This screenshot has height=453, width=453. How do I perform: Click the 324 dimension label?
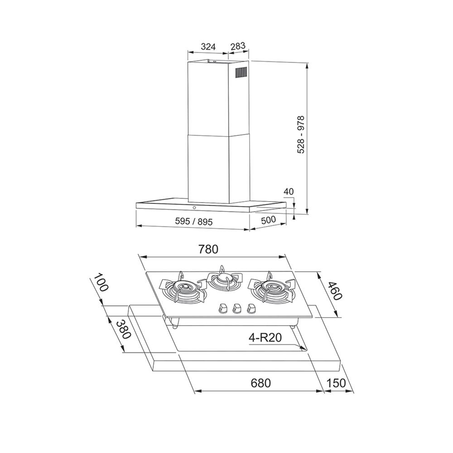click(207, 46)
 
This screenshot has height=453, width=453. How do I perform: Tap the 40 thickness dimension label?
click(289, 192)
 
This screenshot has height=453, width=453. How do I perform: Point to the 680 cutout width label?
click(260, 383)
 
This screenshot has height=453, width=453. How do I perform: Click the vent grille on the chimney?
click(241, 72)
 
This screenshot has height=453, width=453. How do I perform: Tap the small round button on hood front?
click(194, 208)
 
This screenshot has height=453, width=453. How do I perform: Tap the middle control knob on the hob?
click(236, 308)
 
